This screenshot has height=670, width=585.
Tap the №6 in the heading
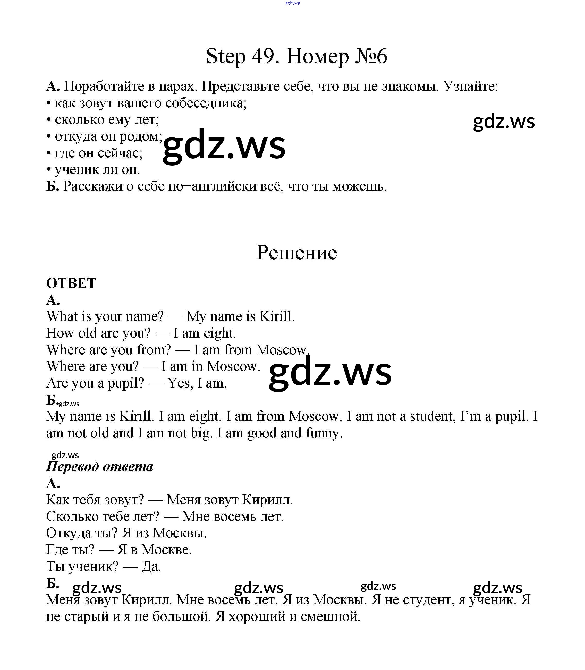coord(370,56)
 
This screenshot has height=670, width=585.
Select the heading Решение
coord(296,253)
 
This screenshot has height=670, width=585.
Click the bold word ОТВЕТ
coord(71,283)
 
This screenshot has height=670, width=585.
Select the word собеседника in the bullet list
coord(206,103)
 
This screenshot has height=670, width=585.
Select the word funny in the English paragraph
coord(324,433)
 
